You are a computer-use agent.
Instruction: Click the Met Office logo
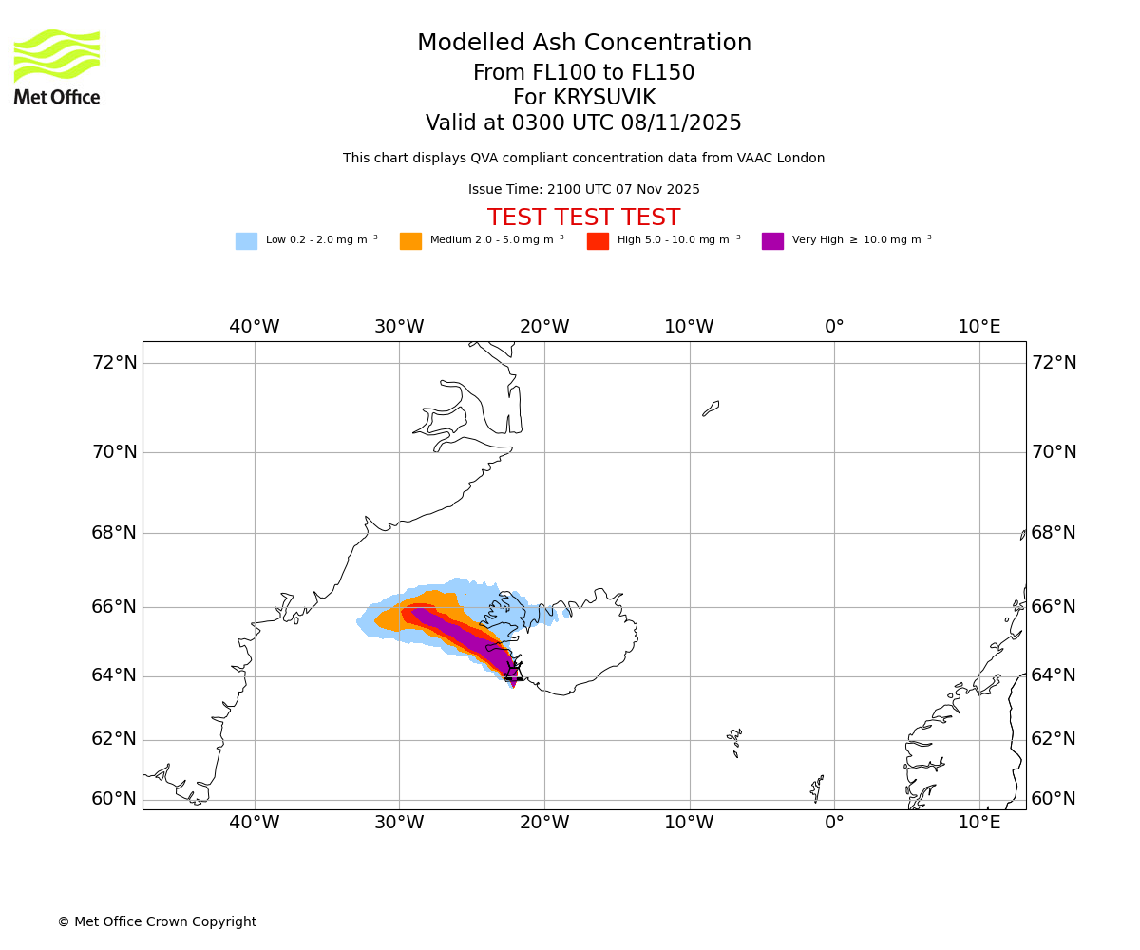tap(57, 66)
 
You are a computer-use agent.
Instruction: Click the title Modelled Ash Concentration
tap(583, 44)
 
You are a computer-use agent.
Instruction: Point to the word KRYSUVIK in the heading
tap(604, 98)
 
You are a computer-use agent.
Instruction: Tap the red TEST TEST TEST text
tap(583, 218)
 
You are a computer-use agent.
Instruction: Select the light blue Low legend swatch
tap(246, 241)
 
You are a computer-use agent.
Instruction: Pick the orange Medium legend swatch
tap(410, 241)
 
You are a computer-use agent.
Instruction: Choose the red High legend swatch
tap(598, 241)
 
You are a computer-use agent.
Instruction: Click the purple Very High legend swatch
tap(772, 241)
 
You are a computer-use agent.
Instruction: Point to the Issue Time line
tap(583, 190)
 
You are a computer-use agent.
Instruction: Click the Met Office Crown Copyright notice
tap(157, 921)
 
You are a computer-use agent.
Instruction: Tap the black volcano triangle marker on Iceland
tap(514, 672)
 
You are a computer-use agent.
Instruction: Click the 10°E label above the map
tap(978, 327)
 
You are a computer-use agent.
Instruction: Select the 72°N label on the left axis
tap(114, 363)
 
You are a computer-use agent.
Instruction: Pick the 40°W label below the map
tap(254, 823)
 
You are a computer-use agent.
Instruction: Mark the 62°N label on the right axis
tap(1054, 739)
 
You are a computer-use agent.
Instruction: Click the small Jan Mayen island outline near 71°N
tap(711, 408)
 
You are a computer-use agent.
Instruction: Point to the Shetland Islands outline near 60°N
tap(817, 788)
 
